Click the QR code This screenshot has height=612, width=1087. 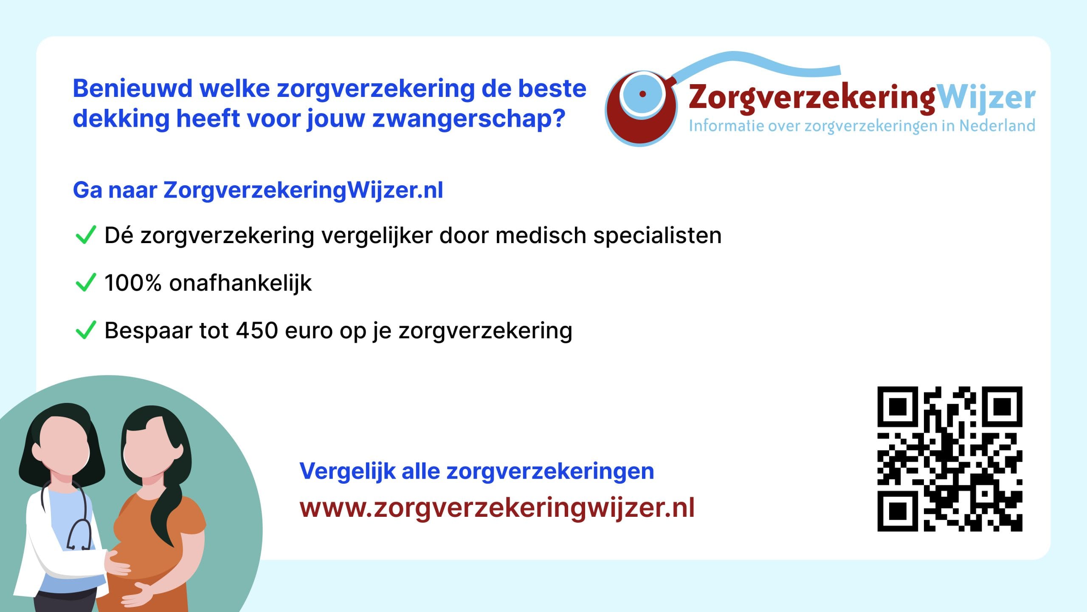950,459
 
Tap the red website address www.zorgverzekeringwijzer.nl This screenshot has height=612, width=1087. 497,508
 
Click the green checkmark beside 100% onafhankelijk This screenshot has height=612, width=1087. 85,282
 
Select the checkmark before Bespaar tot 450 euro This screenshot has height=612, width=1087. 85,330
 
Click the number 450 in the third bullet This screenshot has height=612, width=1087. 257,330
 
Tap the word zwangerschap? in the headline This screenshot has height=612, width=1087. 469,119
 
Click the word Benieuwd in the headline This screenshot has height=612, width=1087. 132,88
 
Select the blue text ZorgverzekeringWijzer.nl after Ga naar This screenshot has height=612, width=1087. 303,190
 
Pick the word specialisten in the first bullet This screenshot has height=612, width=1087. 657,236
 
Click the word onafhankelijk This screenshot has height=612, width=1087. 240,283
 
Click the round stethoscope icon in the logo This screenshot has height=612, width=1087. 641,108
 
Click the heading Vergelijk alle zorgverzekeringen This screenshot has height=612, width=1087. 476,471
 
